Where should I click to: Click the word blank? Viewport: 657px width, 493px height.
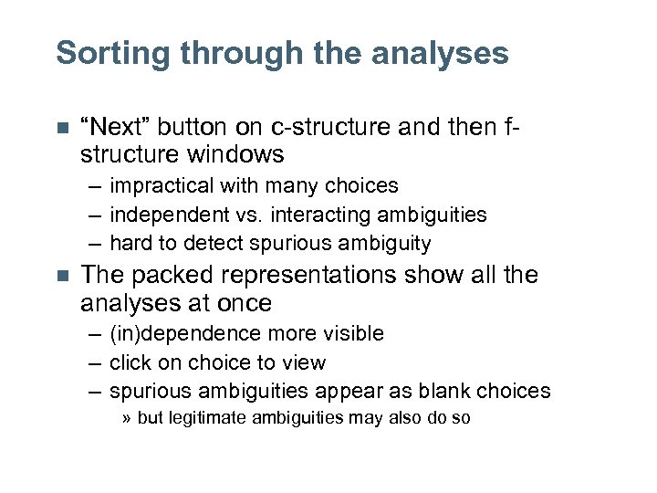click(x=445, y=392)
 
